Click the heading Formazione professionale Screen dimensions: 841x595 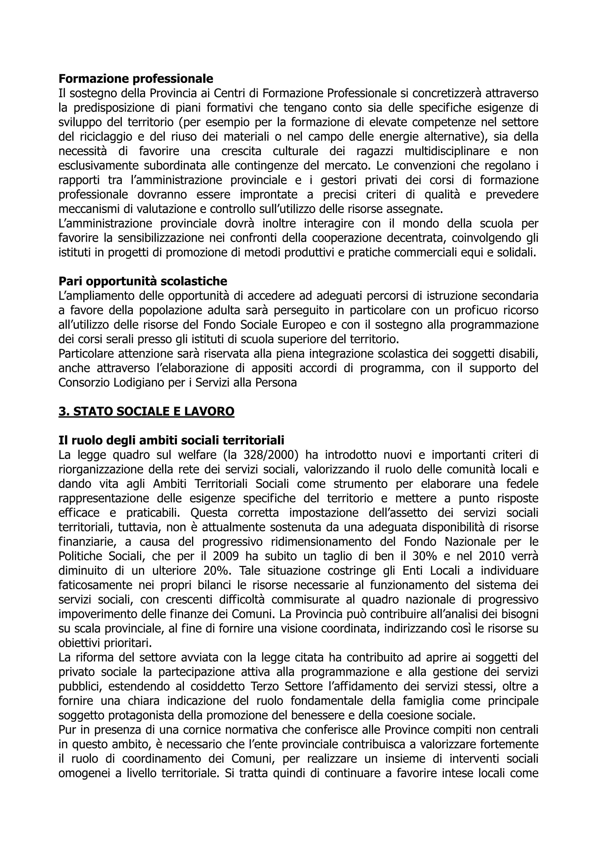coord(136,79)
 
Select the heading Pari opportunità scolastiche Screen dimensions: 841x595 coord(143,281)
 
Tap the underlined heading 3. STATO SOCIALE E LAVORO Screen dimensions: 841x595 coord(146,411)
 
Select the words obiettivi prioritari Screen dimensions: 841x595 coord(105,643)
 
